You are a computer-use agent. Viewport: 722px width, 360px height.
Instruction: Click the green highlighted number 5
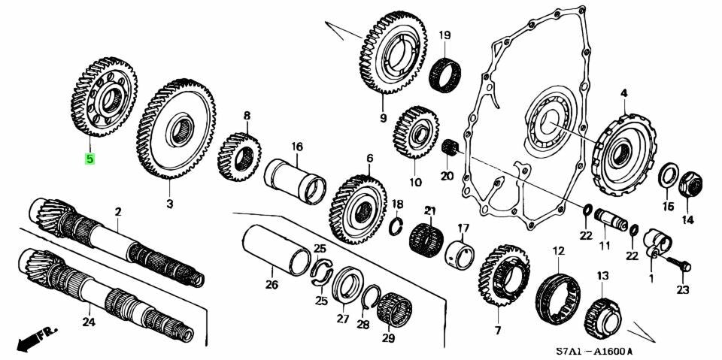89,159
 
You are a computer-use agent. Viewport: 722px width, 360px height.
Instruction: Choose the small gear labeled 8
239,156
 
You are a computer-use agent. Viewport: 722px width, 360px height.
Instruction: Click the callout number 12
558,250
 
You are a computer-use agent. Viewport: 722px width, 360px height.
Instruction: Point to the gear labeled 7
502,280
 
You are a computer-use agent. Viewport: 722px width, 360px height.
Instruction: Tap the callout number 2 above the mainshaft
117,213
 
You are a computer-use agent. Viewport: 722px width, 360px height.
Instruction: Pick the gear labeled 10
415,134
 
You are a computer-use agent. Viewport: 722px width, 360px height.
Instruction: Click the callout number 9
383,118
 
